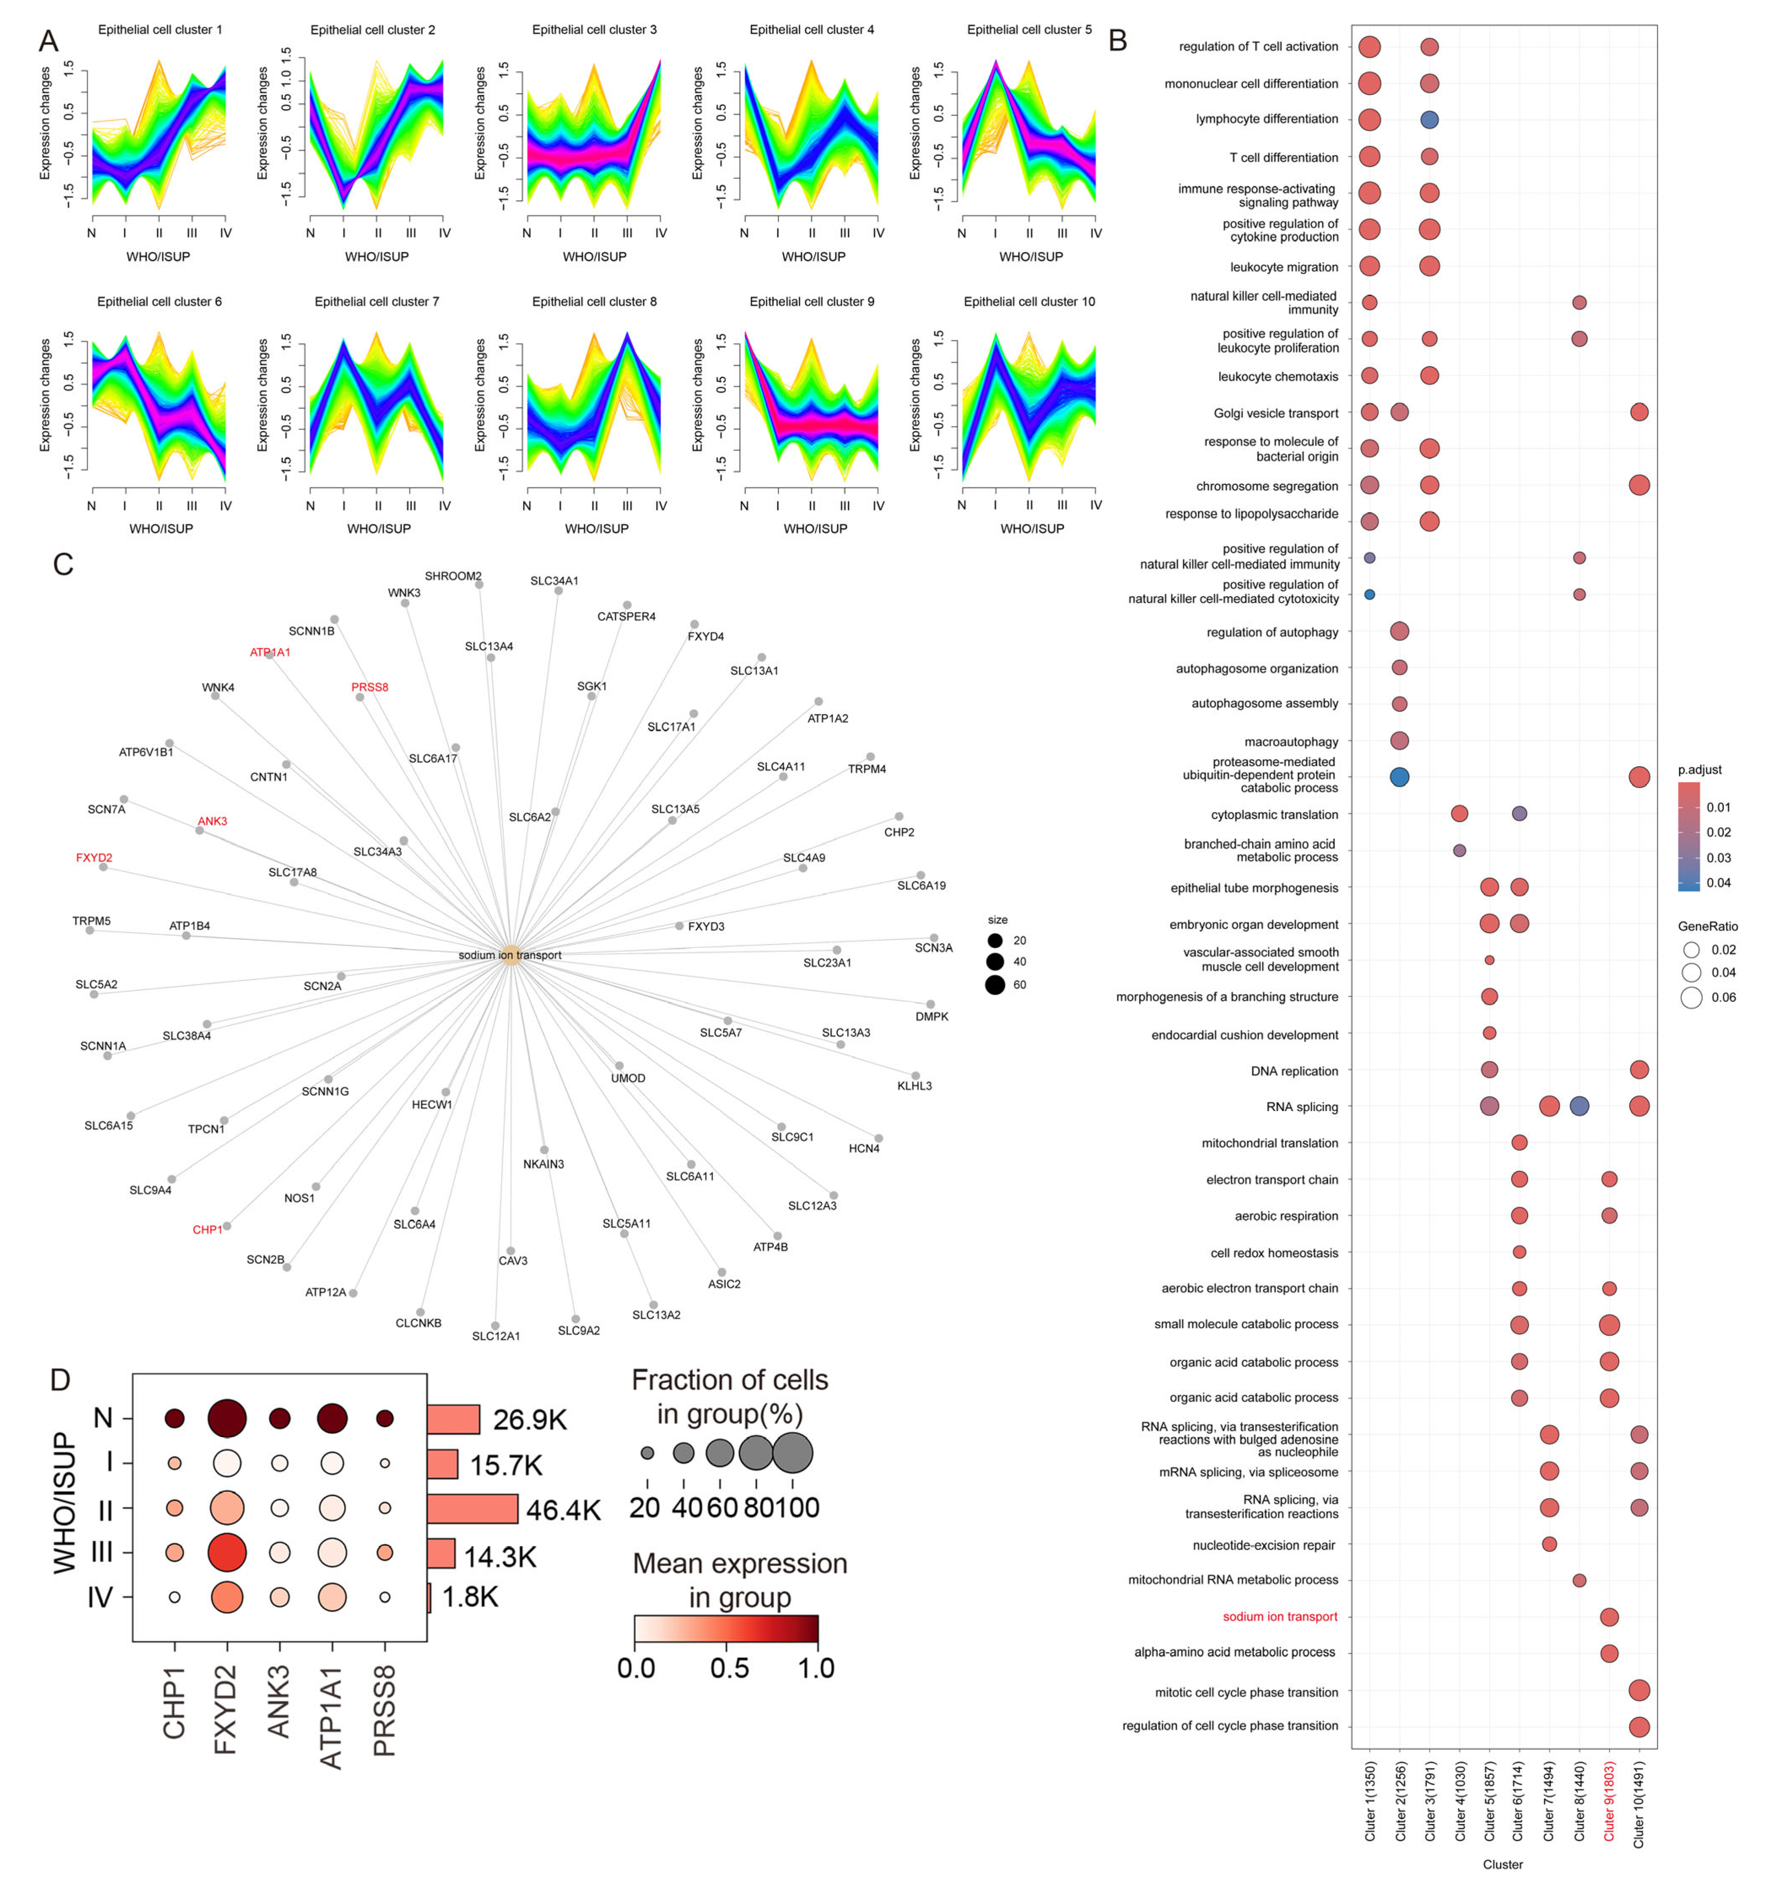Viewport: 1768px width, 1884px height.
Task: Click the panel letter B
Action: click(1118, 42)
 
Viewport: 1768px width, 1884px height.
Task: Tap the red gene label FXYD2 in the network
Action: click(94, 858)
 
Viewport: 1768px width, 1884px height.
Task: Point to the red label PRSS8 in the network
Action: click(369, 687)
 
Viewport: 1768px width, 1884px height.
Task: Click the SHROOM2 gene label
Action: click(453, 576)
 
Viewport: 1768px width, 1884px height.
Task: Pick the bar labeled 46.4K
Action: click(472, 1508)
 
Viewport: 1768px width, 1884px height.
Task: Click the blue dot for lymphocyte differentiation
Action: click(1430, 119)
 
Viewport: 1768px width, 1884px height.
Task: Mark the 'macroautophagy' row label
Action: click(1290, 742)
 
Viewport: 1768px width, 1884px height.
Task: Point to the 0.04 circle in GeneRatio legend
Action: click(1691, 972)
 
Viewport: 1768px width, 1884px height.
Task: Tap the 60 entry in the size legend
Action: click(995, 985)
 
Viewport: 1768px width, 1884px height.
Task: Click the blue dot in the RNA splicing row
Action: click(1579, 1106)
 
